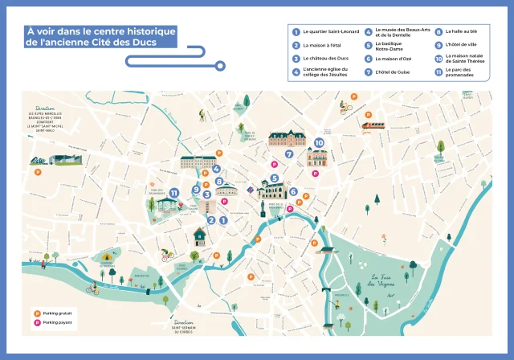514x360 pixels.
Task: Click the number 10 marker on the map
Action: [x=319, y=142]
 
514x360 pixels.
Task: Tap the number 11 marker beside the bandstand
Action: [x=174, y=192]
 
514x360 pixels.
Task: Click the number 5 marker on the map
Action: [x=275, y=178]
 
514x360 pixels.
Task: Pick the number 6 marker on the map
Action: [x=293, y=192]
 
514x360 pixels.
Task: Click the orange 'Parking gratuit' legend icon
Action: [x=36, y=313]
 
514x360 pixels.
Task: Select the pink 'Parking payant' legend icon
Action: [x=36, y=322]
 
